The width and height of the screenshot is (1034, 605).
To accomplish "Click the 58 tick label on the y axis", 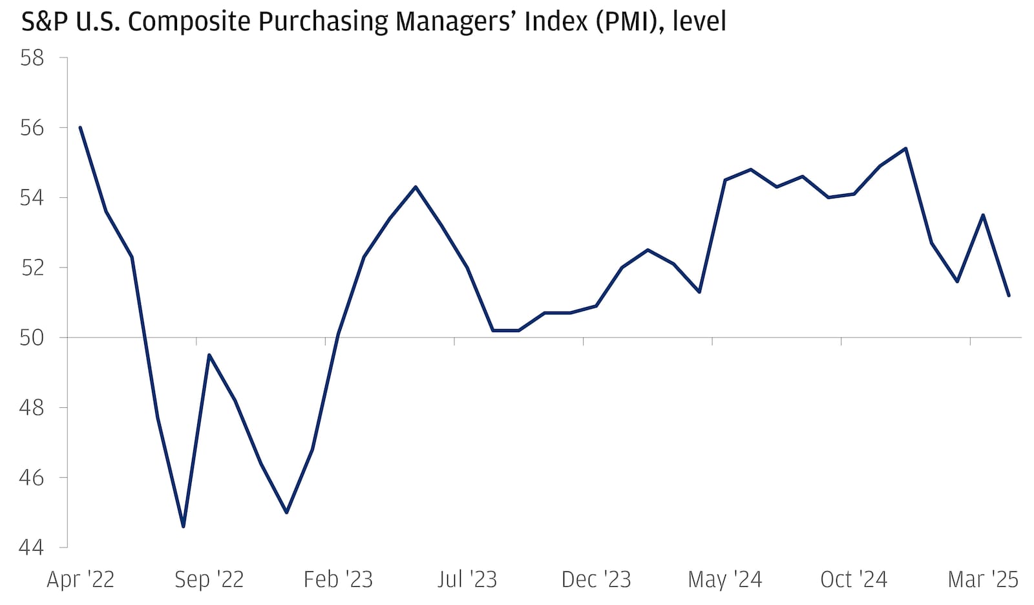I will pos(32,58).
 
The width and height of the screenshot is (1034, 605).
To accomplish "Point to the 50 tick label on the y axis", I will pos(32,337).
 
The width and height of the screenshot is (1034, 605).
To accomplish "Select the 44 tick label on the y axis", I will pos(32,547).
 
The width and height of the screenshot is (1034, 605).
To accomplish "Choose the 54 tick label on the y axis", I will pos(32,197).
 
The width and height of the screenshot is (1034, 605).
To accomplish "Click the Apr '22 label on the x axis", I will pos(80,579).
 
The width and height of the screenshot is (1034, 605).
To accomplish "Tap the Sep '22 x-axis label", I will pos(209,579).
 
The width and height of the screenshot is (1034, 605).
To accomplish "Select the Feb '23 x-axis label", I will pos(338,579).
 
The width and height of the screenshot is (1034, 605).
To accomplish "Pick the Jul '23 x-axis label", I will pos(467,579).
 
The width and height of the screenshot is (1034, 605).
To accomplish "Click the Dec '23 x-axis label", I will pos(596,579).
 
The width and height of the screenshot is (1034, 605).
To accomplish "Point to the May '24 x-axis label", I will pos(724,579).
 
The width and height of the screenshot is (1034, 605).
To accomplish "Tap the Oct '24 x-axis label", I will pos(854,579).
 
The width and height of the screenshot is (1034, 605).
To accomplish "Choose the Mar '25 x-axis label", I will pos(982,579).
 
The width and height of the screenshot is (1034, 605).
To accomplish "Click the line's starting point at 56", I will pos(80,127).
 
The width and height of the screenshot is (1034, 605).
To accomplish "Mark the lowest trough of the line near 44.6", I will pos(184,526).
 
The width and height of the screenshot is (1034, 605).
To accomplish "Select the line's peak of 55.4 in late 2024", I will pos(906,149).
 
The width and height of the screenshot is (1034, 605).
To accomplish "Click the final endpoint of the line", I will pos(1009,295).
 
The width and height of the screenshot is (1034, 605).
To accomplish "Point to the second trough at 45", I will pos(286,512).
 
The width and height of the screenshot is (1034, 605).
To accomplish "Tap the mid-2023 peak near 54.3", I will pos(416,187).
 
